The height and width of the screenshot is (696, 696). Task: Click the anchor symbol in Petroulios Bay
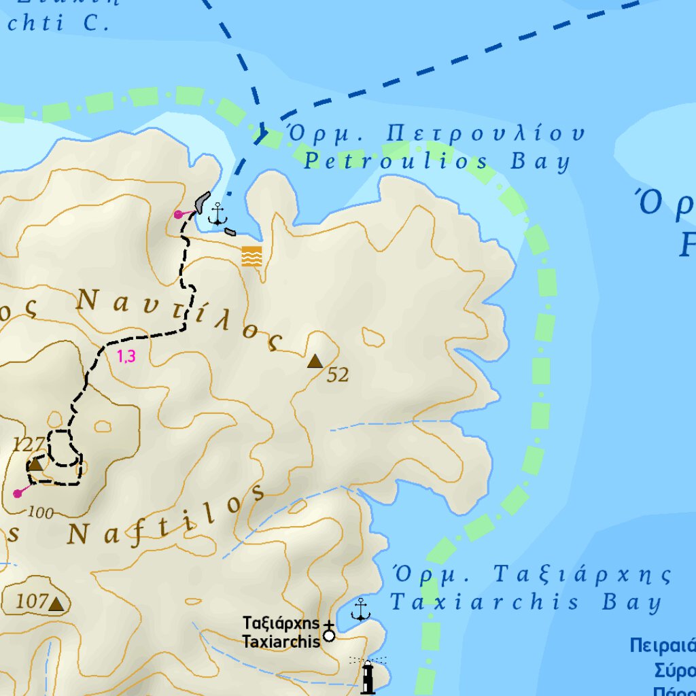coord(217,213)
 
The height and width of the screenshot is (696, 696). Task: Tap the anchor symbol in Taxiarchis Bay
coord(360,610)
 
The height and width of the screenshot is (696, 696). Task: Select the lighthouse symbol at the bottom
coord(368,676)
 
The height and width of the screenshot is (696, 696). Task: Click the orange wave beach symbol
coord(251,256)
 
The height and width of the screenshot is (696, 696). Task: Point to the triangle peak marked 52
coord(315,361)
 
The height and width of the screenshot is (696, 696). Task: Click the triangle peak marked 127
coord(35,464)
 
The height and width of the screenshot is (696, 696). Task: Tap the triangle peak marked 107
coord(56,604)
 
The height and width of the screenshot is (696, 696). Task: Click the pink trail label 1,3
coord(126,355)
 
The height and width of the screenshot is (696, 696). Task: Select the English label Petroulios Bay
coord(436,162)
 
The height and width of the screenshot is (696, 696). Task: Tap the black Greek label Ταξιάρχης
coord(281,623)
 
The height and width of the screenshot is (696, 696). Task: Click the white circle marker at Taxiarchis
coord(329,636)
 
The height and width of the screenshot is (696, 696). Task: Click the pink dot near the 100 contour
coord(18,493)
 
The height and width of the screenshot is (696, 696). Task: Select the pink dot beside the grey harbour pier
coord(178,214)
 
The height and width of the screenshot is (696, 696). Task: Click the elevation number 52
coord(338,375)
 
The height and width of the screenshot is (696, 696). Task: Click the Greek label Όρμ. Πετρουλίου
coord(435,133)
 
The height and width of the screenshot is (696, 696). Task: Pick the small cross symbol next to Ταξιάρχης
coord(329,624)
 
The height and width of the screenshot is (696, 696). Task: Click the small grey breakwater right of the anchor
coord(230,232)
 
